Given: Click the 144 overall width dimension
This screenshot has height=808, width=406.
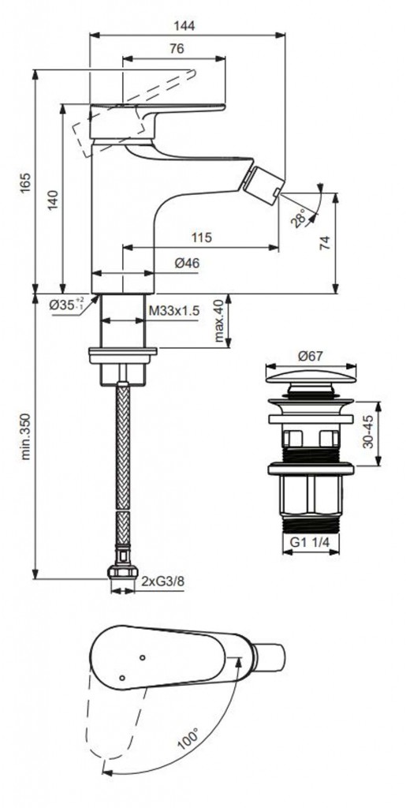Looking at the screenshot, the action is [188, 26].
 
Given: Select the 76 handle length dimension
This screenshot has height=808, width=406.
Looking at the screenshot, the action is [177, 49].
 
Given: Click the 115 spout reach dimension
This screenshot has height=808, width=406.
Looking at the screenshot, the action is [202, 238].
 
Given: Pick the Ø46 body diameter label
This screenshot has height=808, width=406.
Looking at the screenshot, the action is [187, 264].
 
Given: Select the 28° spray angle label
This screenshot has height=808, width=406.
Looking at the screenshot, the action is [298, 217].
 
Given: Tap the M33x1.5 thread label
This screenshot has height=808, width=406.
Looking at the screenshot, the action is [173, 311].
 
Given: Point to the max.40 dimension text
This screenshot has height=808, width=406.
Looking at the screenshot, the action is [220, 321].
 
